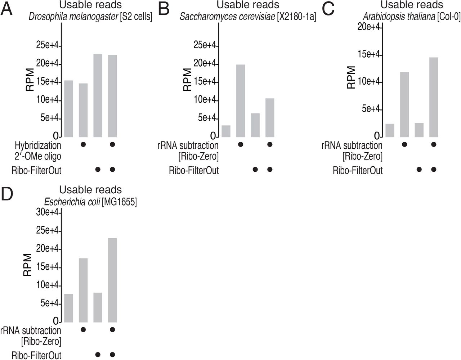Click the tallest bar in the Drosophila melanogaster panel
pos(98,95)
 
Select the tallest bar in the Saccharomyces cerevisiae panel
pos(241,101)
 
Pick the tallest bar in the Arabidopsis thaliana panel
pos(434,97)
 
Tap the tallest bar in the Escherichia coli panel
pos(112,280)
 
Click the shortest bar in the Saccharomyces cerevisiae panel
pos(226,131)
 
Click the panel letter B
pos(164,9)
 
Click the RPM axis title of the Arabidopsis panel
pos(351,77)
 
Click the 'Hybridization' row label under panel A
pos(38,145)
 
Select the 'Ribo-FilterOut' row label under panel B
pos(194,170)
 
